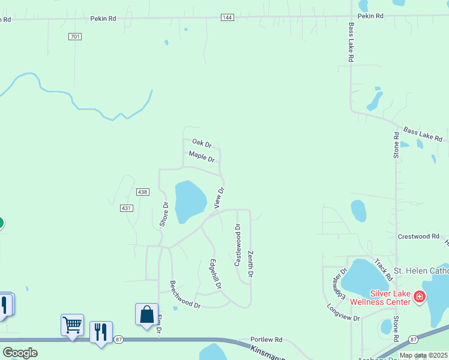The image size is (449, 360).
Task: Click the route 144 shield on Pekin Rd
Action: point(227,18)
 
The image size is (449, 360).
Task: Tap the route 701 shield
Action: point(74,37)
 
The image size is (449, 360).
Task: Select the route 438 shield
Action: point(142,191)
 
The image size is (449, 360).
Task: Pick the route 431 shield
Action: point(126,208)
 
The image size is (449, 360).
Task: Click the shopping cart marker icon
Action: point(72,325)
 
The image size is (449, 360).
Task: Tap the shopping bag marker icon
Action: point(146,314)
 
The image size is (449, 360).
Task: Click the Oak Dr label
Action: point(202,143)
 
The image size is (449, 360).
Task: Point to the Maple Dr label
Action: point(202,157)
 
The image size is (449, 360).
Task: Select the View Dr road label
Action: point(219,198)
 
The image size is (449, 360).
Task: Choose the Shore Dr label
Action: point(165,214)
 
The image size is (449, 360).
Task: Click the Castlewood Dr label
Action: point(237,245)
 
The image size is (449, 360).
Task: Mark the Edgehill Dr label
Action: point(216,273)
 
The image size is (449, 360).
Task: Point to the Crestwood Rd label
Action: point(419,236)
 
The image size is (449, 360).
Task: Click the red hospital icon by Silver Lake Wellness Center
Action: point(419,296)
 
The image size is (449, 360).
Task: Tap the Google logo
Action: point(20,353)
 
